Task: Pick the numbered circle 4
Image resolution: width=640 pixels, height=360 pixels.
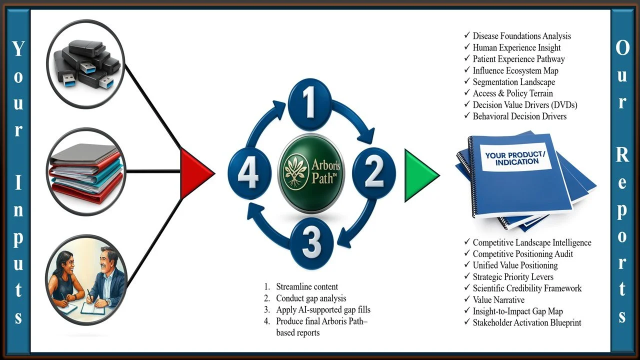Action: tap(249, 173)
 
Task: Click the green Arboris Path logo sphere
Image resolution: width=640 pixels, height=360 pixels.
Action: tap(311, 174)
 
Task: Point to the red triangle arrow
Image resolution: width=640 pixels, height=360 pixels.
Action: tap(196, 173)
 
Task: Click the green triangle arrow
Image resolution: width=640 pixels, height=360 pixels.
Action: tap(420, 175)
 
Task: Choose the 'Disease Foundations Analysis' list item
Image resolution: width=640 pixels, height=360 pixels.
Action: tap(521, 36)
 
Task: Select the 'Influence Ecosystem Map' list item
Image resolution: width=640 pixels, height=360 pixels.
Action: tap(515, 70)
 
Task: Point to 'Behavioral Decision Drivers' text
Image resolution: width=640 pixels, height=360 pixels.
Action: tap(519, 116)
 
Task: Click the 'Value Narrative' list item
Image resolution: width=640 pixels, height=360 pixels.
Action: tap(498, 300)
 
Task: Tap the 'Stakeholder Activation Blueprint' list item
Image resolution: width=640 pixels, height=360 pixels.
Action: tap(527, 322)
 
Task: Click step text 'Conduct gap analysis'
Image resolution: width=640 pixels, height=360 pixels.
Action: tap(311, 298)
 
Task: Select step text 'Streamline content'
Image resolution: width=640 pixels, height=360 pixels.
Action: tap(307, 286)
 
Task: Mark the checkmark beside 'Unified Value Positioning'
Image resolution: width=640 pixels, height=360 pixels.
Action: tap(466, 265)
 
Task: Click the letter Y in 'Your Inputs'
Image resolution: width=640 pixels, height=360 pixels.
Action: tap(18, 49)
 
